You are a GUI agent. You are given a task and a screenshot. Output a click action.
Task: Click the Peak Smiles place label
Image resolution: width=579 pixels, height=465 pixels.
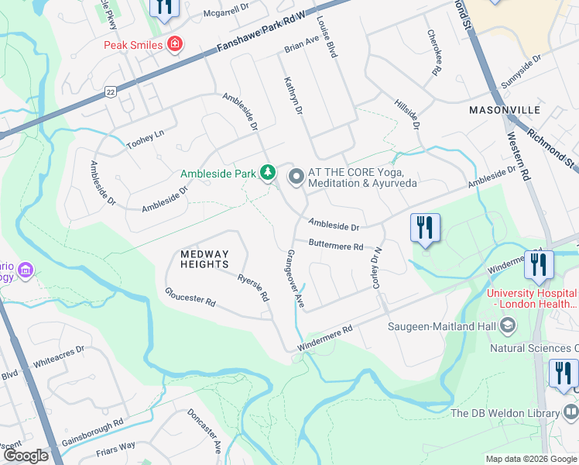coord(133,44)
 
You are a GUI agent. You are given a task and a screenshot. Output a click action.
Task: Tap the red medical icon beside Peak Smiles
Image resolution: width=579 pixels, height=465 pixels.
coord(176,44)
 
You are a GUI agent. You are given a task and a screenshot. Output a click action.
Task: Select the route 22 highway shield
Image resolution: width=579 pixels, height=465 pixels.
coord(111,92)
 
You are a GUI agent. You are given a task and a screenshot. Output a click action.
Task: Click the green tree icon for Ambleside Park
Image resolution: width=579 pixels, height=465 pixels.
coord(268,172)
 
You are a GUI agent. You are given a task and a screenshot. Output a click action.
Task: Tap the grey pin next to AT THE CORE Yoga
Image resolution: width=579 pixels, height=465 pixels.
coord(296,177)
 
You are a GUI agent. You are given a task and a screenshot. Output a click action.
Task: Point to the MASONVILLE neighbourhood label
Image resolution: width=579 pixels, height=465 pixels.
coord(504,111)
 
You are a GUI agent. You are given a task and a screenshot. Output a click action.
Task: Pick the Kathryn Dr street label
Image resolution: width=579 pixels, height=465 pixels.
coord(291,96)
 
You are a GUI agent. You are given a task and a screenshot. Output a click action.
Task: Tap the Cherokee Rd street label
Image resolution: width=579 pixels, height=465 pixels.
coord(433,53)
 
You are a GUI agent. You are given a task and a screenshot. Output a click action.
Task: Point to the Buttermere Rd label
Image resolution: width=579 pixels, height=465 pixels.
coord(335,246)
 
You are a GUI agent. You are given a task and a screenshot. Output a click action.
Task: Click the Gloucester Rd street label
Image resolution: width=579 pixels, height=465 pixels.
coord(189,297)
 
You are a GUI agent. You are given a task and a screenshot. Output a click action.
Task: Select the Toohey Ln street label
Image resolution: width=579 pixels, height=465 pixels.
coord(146,139)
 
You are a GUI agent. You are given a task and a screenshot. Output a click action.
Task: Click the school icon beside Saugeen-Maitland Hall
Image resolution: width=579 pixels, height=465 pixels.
coord(507,326)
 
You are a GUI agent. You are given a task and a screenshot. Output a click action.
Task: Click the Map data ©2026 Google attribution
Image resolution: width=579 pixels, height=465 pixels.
coord(531,459)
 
